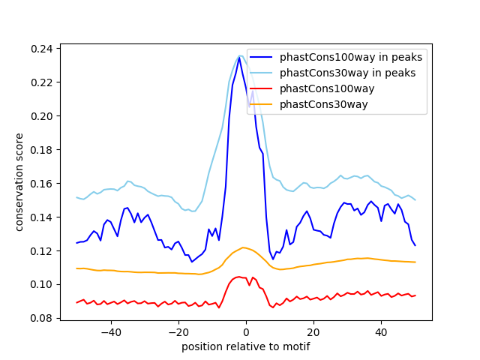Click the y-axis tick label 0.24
(43, 49)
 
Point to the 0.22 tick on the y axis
(43, 82)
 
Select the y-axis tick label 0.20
(43, 116)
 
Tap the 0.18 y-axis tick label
(43, 150)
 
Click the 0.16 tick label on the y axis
(43, 184)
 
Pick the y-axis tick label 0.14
(43, 217)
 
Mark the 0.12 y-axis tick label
(43, 251)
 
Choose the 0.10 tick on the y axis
(43, 285)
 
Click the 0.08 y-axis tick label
(43, 319)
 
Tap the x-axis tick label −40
(110, 332)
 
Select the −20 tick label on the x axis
(178, 332)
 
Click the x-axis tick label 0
(246, 332)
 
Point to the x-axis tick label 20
(313, 332)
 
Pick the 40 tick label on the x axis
(381, 332)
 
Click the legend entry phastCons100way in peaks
(350, 57)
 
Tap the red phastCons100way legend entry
(326, 88)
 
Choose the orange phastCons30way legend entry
(323, 104)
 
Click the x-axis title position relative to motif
(245, 346)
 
